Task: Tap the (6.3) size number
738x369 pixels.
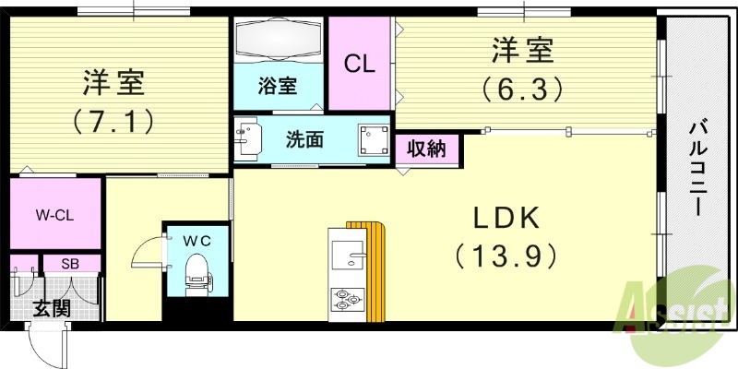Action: click(521, 89)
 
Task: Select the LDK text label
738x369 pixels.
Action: click(505, 219)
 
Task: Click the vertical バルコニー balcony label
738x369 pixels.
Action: click(697, 171)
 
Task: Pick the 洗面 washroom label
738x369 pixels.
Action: click(304, 140)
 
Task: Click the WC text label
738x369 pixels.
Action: click(196, 240)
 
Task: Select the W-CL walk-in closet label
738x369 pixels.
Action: click(55, 216)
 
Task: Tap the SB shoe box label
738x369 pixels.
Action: click(69, 263)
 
